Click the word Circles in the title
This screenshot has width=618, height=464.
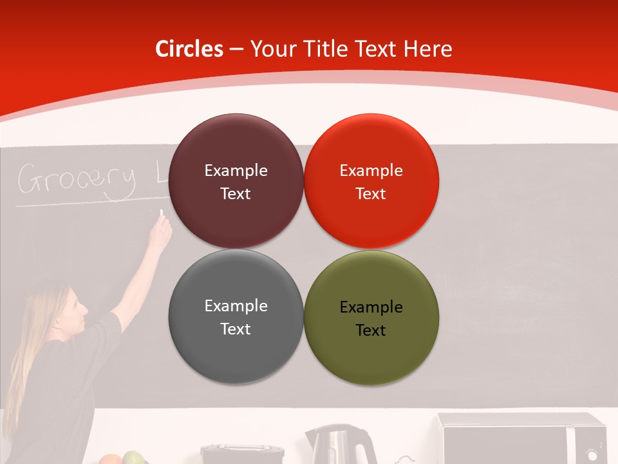coord(189,49)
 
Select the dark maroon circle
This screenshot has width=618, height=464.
coord(236,181)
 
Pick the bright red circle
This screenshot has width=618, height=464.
coord(371,181)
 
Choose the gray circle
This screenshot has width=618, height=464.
coord(236,316)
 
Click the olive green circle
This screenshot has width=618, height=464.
coord(371,316)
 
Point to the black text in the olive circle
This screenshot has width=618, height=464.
coord(371,319)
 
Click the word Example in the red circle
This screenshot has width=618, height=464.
coord(371,171)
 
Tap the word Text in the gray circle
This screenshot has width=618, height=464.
coord(236,329)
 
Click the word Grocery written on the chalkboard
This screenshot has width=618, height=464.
coord(77,180)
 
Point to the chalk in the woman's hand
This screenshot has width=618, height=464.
coord(162,212)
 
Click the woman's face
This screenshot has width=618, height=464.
coord(76,308)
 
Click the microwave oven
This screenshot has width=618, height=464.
coord(521,438)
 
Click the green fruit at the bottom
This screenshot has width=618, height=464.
coord(133,458)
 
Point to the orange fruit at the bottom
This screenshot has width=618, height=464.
coord(110,459)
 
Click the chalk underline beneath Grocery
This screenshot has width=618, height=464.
coord(84,204)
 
